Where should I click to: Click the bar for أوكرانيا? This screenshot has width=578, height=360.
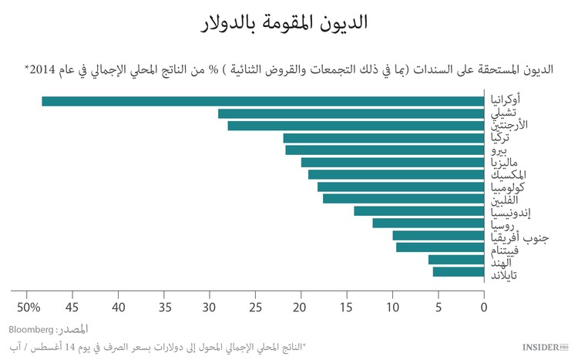(x=263, y=101)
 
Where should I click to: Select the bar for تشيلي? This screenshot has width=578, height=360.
(x=351, y=113)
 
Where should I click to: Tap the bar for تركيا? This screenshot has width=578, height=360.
(x=384, y=138)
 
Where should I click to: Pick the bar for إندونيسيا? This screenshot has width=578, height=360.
(x=419, y=211)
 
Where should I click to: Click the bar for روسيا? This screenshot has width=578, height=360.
(x=428, y=223)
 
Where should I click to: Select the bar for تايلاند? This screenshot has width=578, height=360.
(x=459, y=271)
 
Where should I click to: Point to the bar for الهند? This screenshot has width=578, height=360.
(x=456, y=260)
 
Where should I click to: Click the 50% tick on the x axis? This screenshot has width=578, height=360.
(x=28, y=308)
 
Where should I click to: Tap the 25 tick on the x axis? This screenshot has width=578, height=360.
(x=256, y=308)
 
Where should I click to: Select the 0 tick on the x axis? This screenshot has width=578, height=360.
(x=484, y=308)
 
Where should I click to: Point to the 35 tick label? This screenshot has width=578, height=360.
(x=164, y=308)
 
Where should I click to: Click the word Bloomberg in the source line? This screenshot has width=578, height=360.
(x=30, y=329)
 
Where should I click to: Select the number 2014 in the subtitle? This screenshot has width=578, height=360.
(x=42, y=69)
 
